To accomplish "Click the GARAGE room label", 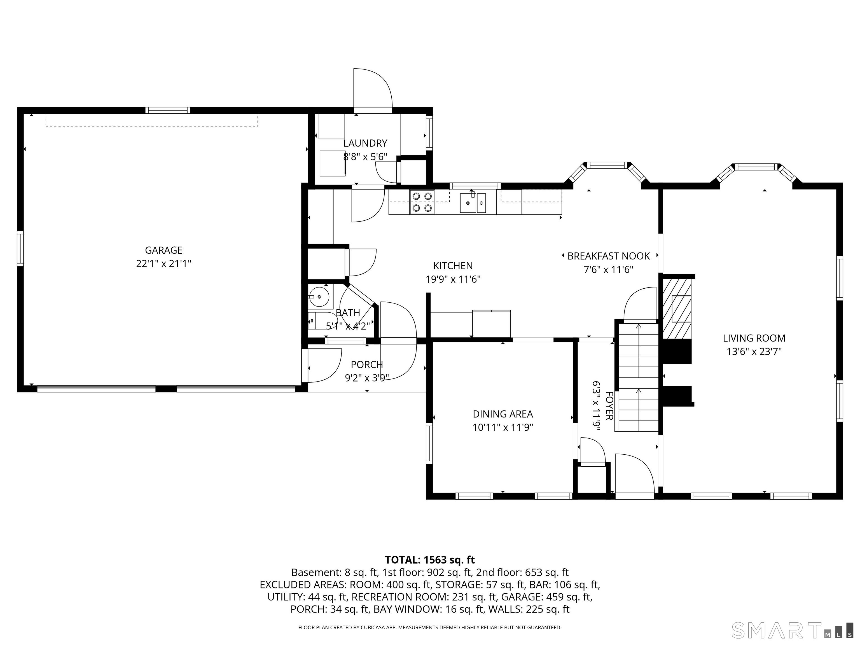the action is [164, 250].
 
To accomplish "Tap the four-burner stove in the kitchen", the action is [422, 202].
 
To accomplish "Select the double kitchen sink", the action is [473, 203].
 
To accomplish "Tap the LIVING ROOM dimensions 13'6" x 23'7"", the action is [754, 351].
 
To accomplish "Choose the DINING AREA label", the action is [503, 414].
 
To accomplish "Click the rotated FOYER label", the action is [609, 406].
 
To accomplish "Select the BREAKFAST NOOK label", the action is [608, 256].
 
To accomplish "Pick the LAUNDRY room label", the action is [365, 143].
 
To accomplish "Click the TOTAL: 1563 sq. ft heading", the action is [430, 560].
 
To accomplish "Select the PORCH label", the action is [367, 365].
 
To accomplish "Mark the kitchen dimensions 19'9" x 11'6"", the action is [453, 279].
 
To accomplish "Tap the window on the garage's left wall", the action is [20, 249].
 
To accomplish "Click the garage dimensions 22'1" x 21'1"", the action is [164, 264].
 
